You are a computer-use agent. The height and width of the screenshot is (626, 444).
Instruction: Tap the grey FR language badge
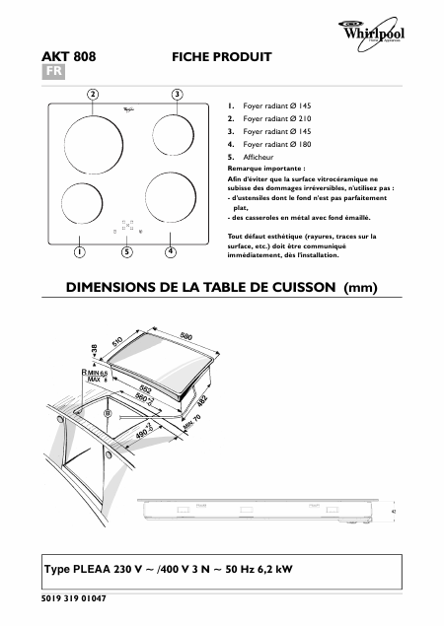click(55, 73)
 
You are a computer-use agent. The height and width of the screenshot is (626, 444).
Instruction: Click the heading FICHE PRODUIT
click(221, 58)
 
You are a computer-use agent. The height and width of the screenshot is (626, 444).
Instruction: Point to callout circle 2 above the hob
click(93, 94)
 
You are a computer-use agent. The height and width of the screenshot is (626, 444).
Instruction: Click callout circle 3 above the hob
click(177, 94)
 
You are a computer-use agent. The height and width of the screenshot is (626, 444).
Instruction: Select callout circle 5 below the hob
click(126, 252)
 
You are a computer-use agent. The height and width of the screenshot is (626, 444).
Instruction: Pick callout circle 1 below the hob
click(76, 252)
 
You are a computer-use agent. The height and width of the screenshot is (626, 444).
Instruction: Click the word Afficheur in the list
click(259, 156)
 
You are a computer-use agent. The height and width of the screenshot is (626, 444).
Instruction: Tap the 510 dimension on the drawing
click(116, 344)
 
